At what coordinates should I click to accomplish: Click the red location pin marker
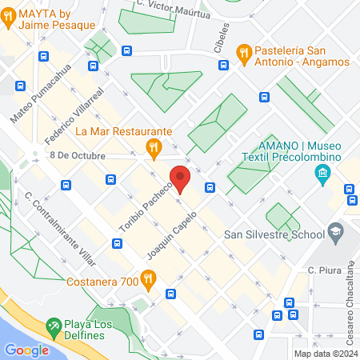(180, 178)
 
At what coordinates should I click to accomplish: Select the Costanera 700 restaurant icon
(147, 278)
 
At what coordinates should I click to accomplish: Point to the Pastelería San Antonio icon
(245, 54)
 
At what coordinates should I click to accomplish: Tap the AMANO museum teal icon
(322, 174)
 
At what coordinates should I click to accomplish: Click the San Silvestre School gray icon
(336, 234)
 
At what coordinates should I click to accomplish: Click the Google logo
(26, 350)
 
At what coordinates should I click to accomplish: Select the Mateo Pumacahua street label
(41, 93)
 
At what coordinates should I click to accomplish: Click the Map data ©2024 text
(325, 353)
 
